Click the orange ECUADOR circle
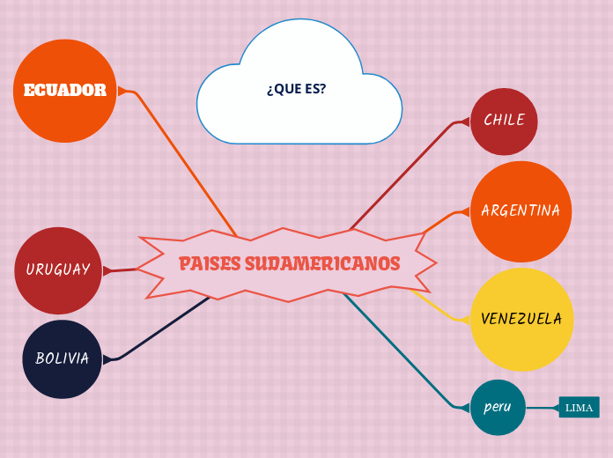(x=64, y=91)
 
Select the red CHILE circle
(x=504, y=121)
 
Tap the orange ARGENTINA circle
(x=521, y=211)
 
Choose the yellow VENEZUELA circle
(x=521, y=319)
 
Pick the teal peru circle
(x=498, y=408)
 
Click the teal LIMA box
(x=579, y=408)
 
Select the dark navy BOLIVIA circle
(x=62, y=358)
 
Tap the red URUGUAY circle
(x=58, y=270)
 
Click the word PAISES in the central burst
(x=210, y=264)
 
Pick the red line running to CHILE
(x=405, y=172)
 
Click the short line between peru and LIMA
(x=542, y=408)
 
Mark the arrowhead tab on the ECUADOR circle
(x=122, y=91)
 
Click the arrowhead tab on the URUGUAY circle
(x=107, y=270)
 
